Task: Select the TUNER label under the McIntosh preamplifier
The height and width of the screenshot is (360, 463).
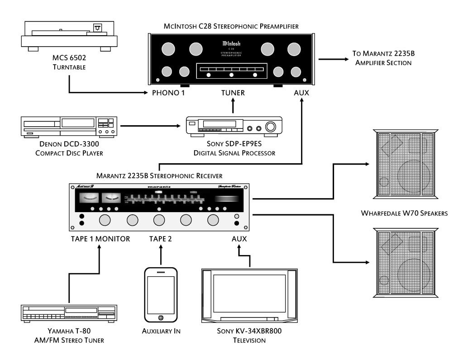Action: (x=233, y=93)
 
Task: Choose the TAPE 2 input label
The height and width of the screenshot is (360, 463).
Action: (x=161, y=239)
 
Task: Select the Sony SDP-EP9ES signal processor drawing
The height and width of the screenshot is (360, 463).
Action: (x=234, y=126)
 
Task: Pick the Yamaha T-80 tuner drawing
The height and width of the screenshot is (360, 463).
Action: (x=69, y=313)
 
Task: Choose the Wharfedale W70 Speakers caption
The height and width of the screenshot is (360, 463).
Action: (x=407, y=213)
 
